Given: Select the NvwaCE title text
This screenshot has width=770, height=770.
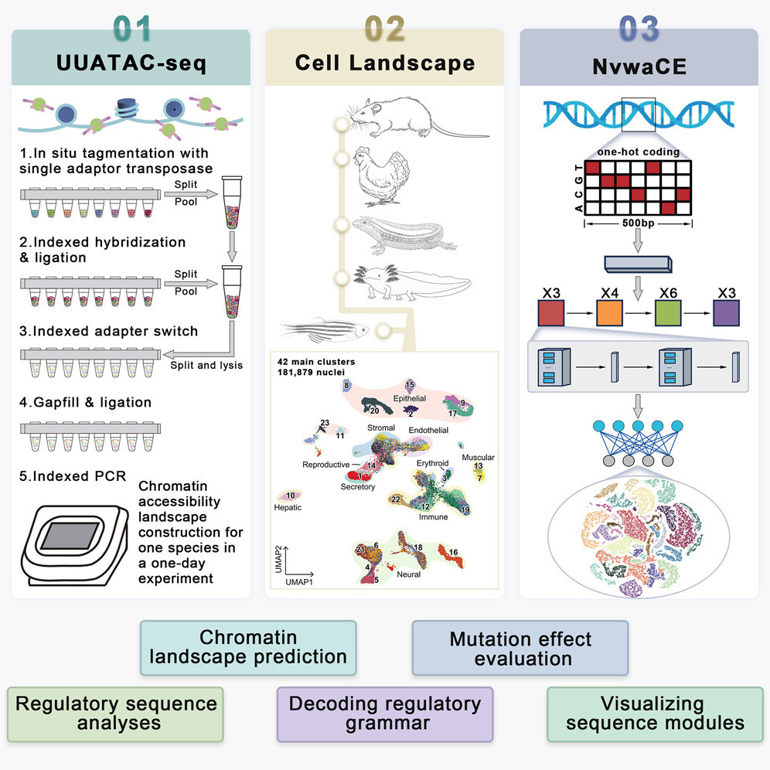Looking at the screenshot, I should pyautogui.click(x=639, y=63).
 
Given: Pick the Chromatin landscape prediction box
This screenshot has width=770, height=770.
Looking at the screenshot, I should pyautogui.click(x=248, y=648).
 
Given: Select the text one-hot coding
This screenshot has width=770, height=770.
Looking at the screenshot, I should pyautogui.click(x=639, y=152).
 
